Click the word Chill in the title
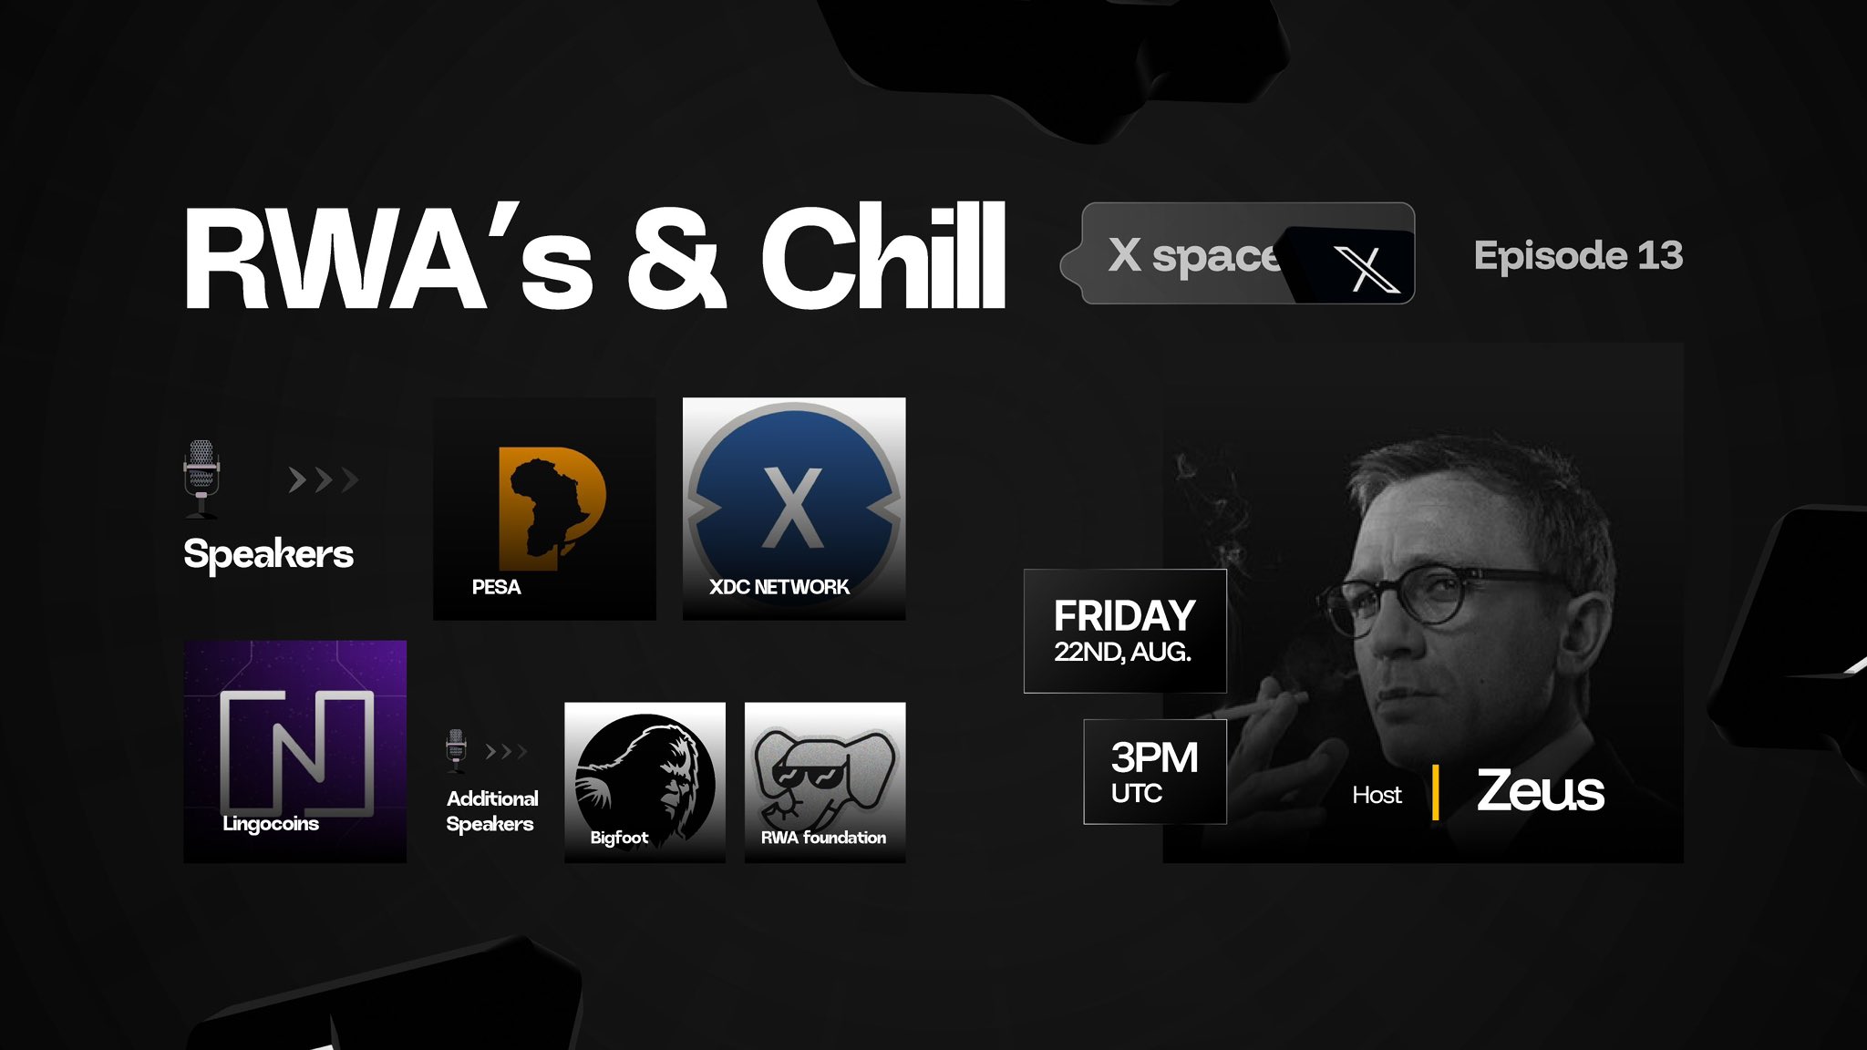883,256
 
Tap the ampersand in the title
676,258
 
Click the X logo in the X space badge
1366,269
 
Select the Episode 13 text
1578,255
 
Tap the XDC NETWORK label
779,587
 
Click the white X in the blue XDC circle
792,508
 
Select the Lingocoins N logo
297,751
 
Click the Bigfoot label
619,838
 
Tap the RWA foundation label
823,837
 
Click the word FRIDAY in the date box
1125,616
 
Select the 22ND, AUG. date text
1123,652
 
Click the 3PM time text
1154,757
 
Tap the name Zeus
1541,790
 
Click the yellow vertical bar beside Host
1436,792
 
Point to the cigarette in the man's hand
1259,706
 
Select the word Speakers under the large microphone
268,554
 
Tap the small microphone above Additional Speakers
456,750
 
